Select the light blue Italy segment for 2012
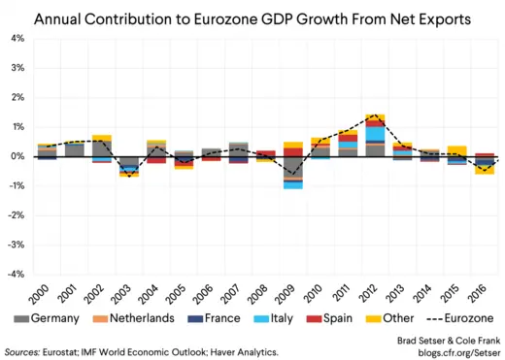pos(375,134)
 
